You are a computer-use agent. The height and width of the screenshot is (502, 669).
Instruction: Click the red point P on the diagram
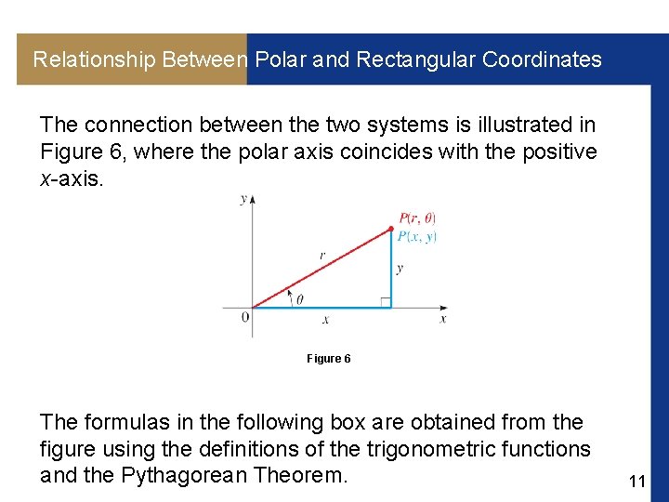[391, 229]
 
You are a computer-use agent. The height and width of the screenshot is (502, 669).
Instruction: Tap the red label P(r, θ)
[417, 218]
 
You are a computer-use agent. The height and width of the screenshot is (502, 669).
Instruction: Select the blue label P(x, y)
[417, 237]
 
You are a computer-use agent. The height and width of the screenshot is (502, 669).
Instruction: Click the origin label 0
[244, 318]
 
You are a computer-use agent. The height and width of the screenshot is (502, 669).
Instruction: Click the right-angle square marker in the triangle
[385, 301]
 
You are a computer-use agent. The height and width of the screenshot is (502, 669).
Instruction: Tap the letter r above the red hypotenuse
[321, 254]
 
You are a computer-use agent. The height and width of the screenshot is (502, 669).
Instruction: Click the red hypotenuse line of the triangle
[321, 269]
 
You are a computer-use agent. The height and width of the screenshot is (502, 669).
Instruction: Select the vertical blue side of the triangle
[391, 270]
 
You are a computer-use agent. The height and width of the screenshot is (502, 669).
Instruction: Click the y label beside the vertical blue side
[400, 269]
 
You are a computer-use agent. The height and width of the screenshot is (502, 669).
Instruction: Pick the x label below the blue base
[325, 319]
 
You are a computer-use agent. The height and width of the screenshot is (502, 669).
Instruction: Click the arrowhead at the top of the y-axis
[252, 199]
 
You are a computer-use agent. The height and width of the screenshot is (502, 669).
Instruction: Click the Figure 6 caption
[328, 359]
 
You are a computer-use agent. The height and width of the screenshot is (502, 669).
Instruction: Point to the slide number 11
[636, 481]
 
